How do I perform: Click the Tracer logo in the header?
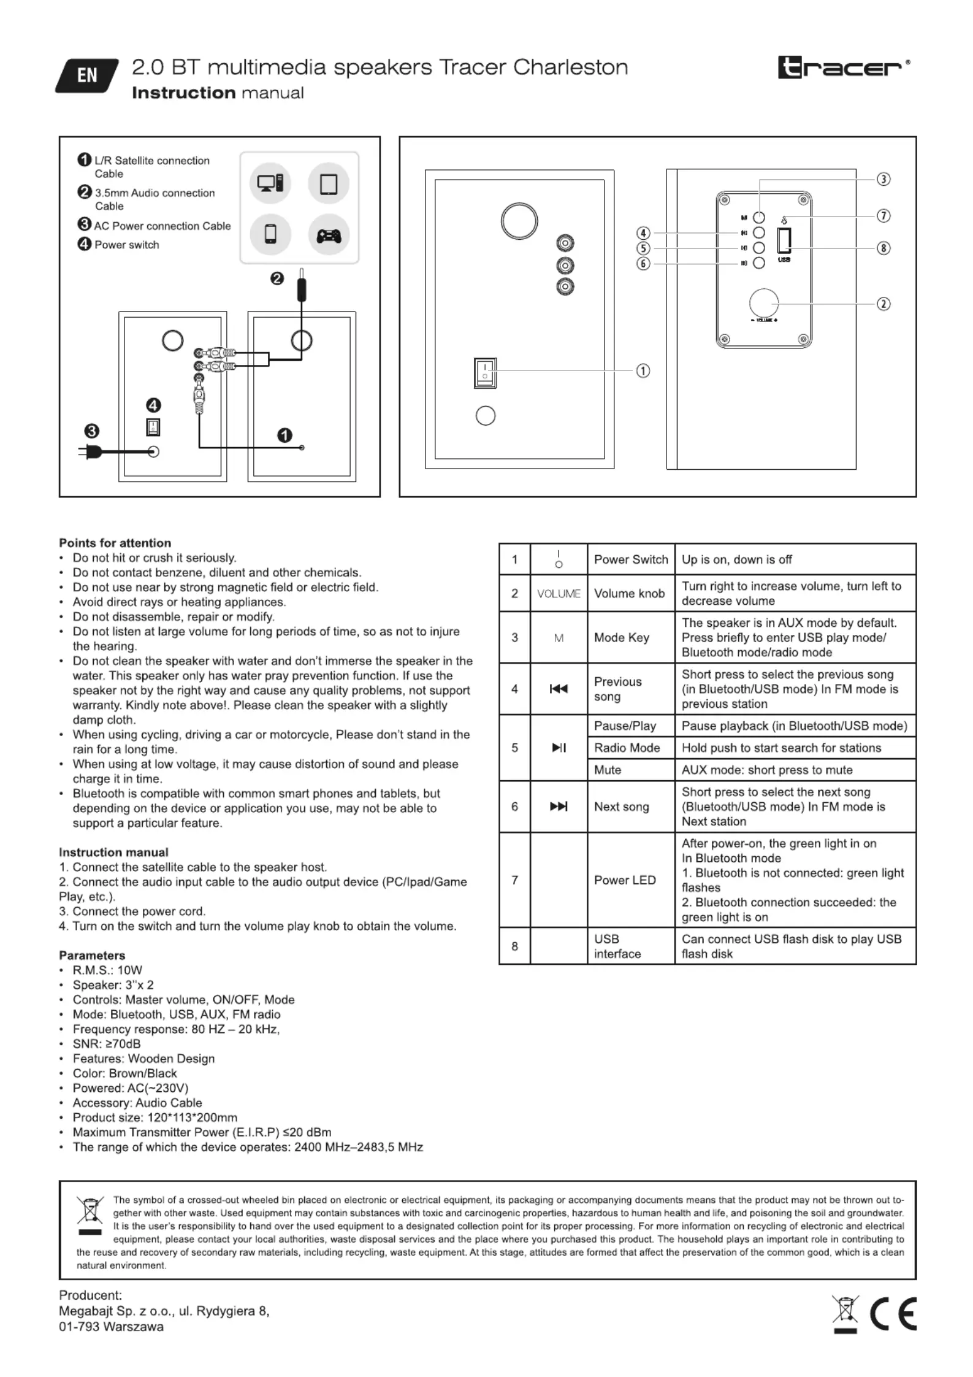point(844,67)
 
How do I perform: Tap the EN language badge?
point(86,75)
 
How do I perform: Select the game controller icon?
point(329,235)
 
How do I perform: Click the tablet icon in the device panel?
point(329,183)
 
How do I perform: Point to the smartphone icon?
point(270,234)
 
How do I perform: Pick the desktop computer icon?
point(270,183)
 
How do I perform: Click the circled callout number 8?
point(883,248)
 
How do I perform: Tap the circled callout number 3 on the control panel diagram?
point(883,179)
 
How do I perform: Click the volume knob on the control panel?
point(764,302)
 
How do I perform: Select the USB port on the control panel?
point(784,240)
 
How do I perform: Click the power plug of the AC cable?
point(90,453)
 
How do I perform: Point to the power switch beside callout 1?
point(485,373)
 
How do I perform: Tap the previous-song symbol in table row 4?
point(559,689)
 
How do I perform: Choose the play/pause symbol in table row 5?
point(559,747)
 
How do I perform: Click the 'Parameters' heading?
point(92,955)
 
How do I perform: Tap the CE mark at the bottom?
point(893,1314)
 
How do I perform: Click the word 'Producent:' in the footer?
point(91,1295)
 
